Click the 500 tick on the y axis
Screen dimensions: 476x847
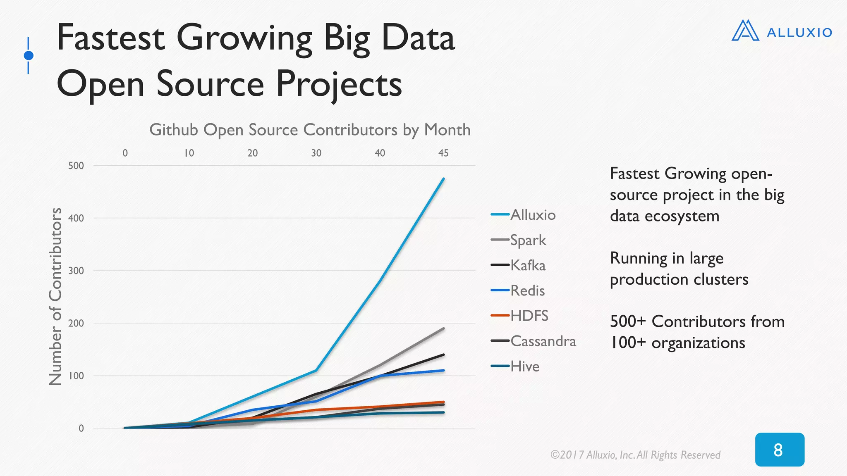point(76,166)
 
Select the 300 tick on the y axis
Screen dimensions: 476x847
point(76,271)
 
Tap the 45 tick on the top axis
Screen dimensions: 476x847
point(443,153)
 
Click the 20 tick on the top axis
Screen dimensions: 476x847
point(252,153)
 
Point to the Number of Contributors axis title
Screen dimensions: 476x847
point(55,297)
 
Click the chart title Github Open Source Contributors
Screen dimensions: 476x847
point(310,130)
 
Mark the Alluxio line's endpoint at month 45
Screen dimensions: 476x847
point(443,178)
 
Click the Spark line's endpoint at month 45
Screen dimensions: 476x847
point(443,328)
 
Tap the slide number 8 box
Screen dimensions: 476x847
point(779,450)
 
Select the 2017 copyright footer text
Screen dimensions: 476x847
point(635,455)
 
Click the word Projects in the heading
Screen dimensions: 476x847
point(339,83)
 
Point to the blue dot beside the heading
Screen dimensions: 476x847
point(29,55)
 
